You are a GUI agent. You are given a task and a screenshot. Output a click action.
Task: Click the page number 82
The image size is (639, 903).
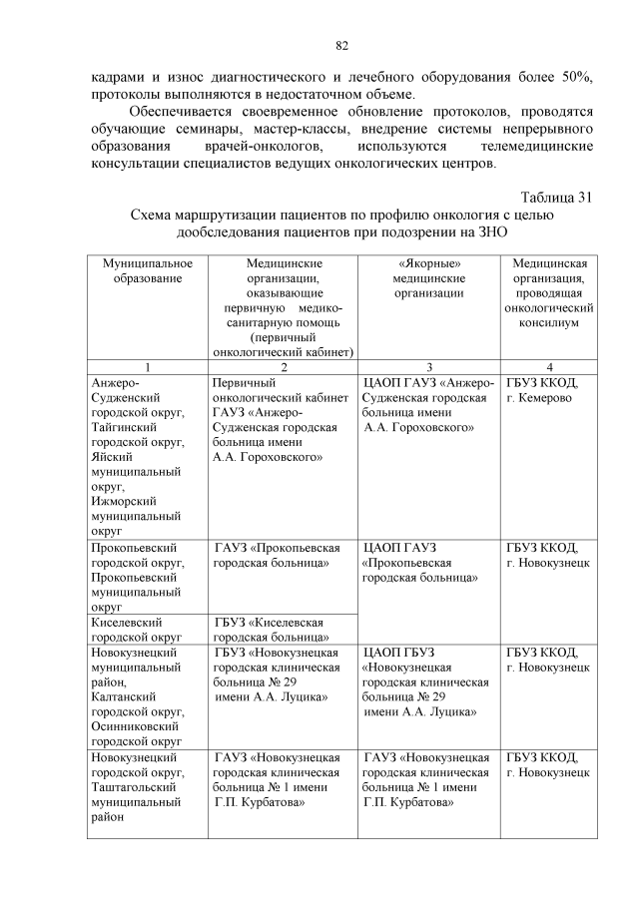point(340,46)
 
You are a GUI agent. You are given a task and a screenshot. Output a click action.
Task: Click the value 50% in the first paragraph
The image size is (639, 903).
point(574,77)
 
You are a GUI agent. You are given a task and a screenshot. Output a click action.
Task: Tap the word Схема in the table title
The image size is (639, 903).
point(157,215)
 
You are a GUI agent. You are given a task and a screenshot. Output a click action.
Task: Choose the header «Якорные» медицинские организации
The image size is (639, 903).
point(428,278)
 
